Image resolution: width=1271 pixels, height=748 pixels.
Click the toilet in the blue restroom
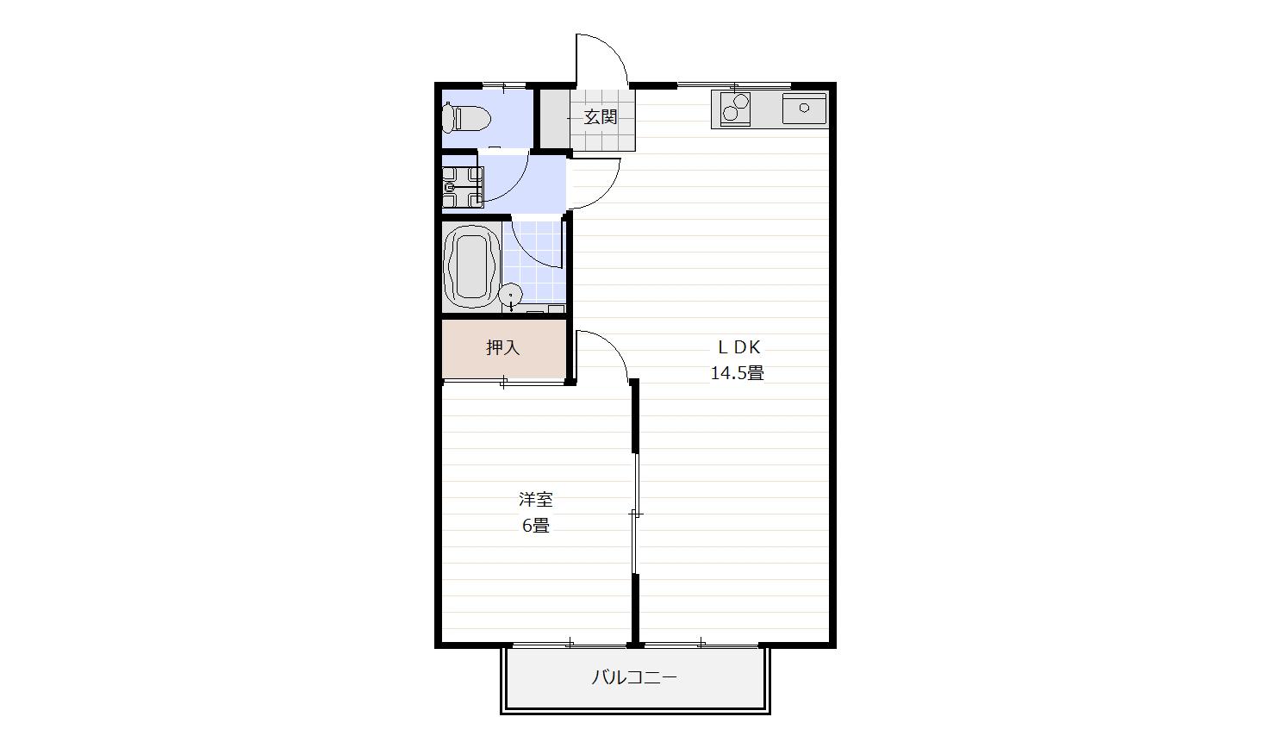pos(466,118)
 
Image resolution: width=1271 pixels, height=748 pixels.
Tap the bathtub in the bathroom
pos(471,266)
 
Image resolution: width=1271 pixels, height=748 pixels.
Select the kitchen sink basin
pos(804,109)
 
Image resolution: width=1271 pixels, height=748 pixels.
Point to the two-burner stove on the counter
pos(735,109)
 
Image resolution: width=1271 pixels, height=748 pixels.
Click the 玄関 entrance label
pos(601,117)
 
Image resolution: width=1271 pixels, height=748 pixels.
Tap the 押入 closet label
pos(502,347)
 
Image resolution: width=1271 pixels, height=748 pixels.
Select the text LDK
pos(738,346)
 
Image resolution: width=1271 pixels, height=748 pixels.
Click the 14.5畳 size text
pos(737,373)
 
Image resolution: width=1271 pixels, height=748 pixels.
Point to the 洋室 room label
pos(536,500)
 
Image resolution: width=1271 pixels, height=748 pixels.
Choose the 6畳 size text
pos(536,526)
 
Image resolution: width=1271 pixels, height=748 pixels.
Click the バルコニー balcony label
pos(634,677)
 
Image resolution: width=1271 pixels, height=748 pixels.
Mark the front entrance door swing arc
pos(613,49)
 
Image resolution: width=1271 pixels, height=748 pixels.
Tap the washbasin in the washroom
pos(463,187)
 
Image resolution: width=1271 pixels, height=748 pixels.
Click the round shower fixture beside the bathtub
pos(511,296)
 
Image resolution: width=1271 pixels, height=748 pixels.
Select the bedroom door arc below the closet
pos(612,346)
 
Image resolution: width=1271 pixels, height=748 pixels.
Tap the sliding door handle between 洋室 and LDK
pos(636,514)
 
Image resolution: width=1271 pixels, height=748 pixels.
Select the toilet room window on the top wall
pos(503,86)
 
